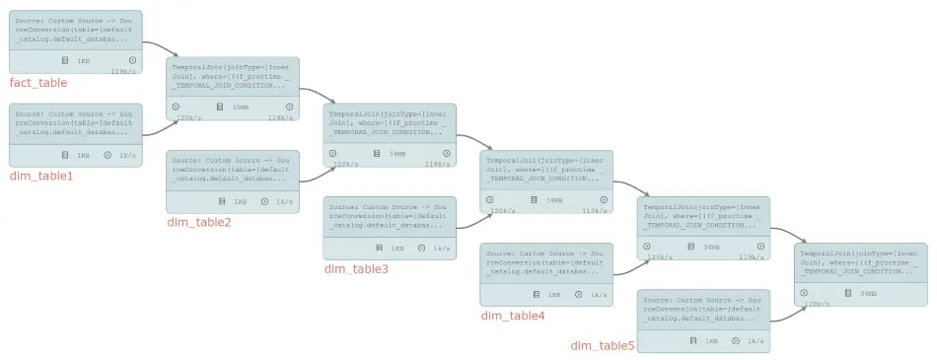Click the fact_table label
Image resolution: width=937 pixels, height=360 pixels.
click(x=37, y=83)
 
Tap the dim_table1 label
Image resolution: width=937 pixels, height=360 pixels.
click(x=41, y=177)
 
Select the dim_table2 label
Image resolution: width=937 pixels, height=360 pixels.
click(x=198, y=223)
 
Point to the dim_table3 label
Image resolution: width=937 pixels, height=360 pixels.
click(x=356, y=268)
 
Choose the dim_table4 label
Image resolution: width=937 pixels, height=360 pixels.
click(x=512, y=316)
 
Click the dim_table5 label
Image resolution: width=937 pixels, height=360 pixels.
click(x=603, y=345)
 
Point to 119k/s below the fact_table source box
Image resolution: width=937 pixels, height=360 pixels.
click(x=123, y=71)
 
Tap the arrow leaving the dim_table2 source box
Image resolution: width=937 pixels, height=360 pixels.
click(x=312, y=177)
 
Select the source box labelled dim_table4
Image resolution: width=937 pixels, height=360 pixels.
click(x=546, y=274)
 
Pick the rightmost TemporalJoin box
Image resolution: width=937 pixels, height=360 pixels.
click(x=861, y=273)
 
